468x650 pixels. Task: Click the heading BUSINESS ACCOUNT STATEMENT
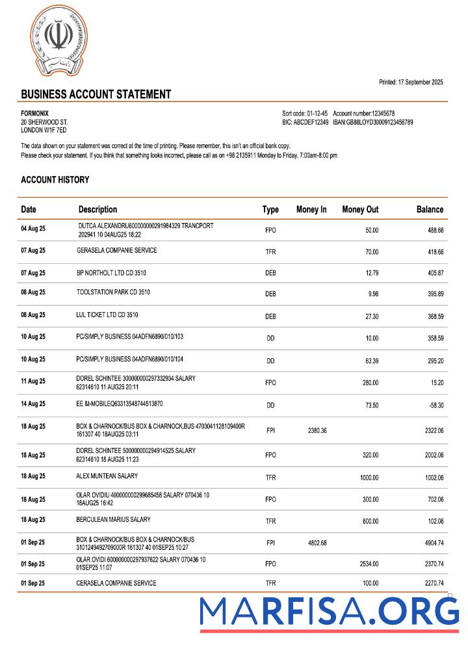(x=96, y=94)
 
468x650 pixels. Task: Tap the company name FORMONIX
(x=35, y=113)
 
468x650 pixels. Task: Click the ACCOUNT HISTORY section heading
(x=55, y=179)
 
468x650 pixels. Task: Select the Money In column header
(x=311, y=209)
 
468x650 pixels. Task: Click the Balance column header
(x=430, y=209)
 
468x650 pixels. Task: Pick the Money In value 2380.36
(x=315, y=430)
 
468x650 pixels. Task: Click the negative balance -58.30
(x=432, y=405)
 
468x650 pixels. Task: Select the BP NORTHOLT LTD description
(x=111, y=272)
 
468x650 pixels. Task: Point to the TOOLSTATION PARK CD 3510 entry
(x=113, y=292)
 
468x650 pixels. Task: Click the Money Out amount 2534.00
(x=369, y=564)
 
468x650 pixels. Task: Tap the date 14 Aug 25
(x=33, y=404)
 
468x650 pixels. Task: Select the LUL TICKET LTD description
(x=107, y=315)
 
